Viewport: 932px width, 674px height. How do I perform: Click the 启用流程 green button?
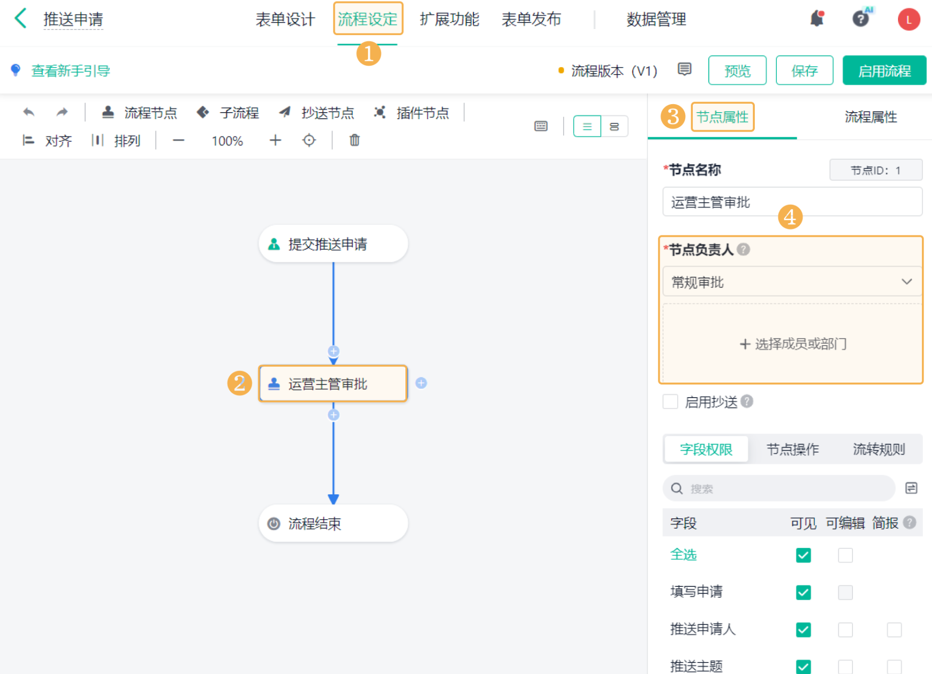(x=884, y=71)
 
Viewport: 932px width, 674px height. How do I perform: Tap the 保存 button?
(x=804, y=71)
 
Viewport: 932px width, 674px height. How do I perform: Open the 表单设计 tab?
(x=285, y=19)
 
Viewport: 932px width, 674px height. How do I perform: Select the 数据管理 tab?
(x=656, y=19)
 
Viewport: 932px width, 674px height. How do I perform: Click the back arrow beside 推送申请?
(x=21, y=19)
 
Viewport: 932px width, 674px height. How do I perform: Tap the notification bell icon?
(x=817, y=19)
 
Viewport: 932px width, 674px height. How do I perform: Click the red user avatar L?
(x=908, y=20)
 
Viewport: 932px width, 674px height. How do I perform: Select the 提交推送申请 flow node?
(x=333, y=244)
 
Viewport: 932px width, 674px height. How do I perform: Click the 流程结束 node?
(x=333, y=523)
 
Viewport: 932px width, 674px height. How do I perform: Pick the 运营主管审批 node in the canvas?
(x=333, y=384)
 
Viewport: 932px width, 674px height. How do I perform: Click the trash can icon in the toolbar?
(x=354, y=140)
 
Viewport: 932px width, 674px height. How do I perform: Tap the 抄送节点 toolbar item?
(x=317, y=113)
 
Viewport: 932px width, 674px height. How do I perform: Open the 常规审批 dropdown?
(x=792, y=282)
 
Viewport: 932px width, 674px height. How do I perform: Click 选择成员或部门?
(x=793, y=344)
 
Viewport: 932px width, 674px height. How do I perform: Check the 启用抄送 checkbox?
(x=670, y=402)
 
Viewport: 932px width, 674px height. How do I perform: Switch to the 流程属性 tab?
(x=870, y=117)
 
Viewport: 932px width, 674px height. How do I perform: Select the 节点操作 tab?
(x=792, y=449)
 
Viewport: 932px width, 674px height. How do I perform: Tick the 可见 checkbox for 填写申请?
(x=803, y=592)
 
